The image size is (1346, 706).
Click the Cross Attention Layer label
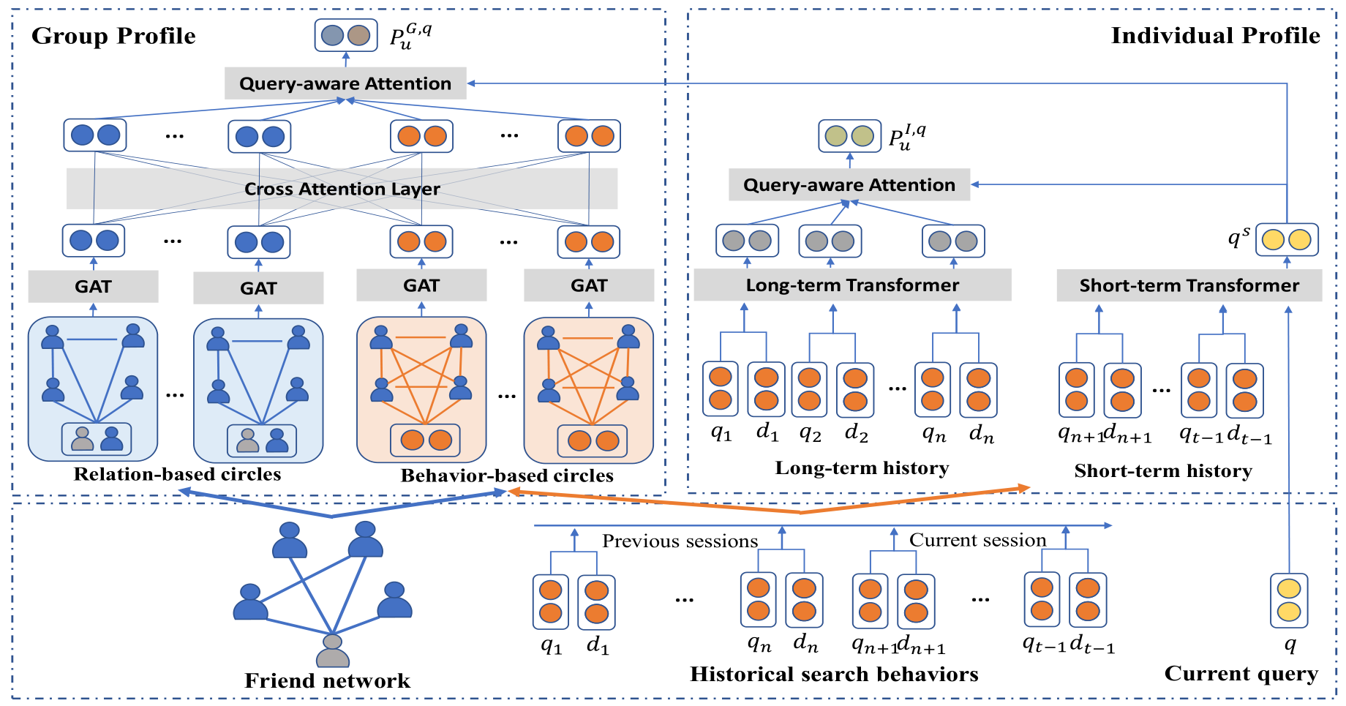click(x=342, y=189)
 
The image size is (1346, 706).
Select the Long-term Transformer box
click(x=852, y=285)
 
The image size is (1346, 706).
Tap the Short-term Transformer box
click(x=1189, y=285)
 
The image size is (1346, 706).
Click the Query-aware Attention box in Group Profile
click(x=345, y=83)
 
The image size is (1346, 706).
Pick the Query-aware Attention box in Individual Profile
click(x=849, y=185)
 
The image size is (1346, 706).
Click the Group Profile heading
click(x=113, y=36)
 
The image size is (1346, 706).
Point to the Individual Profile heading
click(x=1215, y=36)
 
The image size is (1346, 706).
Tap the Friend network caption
click(x=327, y=681)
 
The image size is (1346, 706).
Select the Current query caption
click(x=1241, y=674)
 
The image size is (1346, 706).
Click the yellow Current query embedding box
click(x=1288, y=601)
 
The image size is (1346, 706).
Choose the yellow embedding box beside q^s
click(x=1287, y=240)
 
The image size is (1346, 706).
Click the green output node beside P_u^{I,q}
click(x=849, y=136)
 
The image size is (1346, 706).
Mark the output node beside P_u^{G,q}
click(x=346, y=35)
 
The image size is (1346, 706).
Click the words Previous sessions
click(x=680, y=541)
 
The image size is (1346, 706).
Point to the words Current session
click(x=977, y=541)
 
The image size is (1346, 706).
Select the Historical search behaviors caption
click(x=834, y=675)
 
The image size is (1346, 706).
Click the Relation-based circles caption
click(x=177, y=475)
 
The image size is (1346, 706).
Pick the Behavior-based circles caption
click(x=507, y=476)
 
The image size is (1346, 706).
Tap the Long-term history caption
click(x=862, y=468)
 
